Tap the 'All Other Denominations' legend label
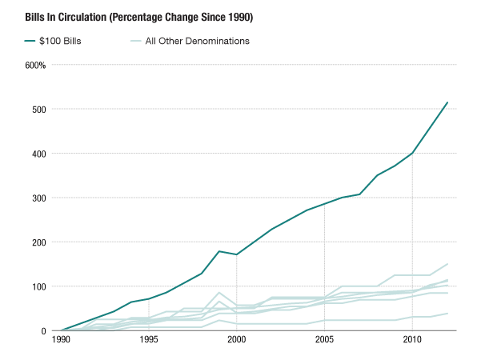(x=198, y=41)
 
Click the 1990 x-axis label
(x=61, y=340)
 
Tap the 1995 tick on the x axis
(x=149, y=340)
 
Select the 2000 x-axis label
(x=236, y=340)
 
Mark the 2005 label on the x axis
(x=324, y=340)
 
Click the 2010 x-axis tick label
(x=412, y=340)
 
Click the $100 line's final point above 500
(x=447, y=102)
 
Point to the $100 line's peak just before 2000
(x=218, y=251)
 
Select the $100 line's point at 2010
(x=412, y=153)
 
